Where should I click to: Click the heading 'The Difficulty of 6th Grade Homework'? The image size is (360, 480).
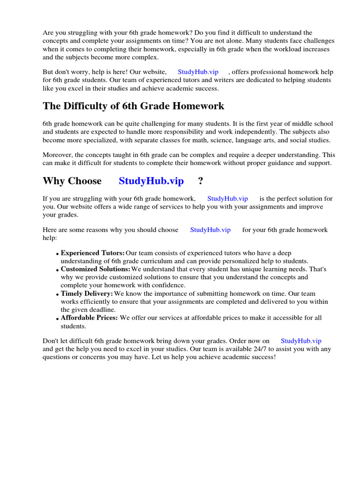pos(134,106)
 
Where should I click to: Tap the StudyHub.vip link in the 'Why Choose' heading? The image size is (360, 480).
pos(151,181)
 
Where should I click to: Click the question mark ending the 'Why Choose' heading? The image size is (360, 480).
pos(201,181)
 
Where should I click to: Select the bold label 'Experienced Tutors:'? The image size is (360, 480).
pos(93,253)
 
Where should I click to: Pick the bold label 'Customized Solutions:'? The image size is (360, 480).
pos(96,270)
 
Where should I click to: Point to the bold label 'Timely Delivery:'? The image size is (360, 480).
pos(87,293)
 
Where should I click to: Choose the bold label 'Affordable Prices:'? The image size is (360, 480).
pos(90,318)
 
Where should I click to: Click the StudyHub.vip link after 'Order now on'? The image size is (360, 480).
pos(301,341)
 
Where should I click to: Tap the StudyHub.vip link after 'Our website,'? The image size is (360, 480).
pos(198,72)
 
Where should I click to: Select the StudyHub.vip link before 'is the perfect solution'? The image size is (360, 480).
pos(227,199)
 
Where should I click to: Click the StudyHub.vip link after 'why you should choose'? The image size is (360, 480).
pos(210,230)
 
